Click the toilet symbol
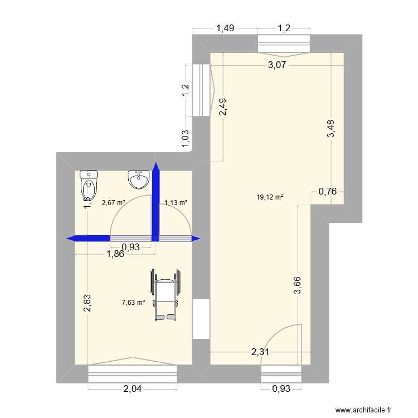(89, 181)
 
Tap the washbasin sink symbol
(138, 179)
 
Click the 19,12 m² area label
(270, 197)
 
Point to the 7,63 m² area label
(133, 303)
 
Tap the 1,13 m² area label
(176, 203)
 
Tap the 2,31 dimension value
(259, 352)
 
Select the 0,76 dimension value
(327, 192)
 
